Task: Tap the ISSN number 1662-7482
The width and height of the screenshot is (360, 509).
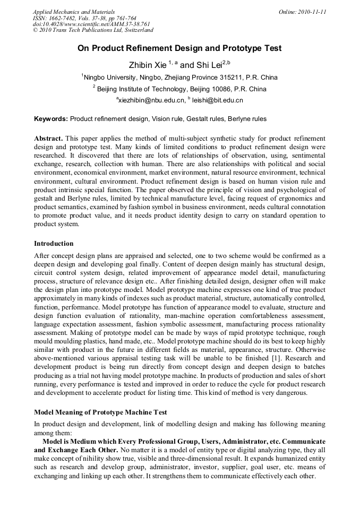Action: click(67, 18)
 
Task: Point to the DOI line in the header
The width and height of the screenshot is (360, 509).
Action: click(91, 24)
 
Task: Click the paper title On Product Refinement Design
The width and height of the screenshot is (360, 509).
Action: click(179, 48)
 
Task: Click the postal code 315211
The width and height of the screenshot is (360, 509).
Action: click(230, 77)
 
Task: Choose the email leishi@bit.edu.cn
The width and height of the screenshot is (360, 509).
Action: click(217, 100)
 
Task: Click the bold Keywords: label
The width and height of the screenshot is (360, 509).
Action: click(51, 119)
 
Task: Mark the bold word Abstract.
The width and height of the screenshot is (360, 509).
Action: click(48, 138)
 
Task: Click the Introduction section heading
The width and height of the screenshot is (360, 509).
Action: click(54, 244)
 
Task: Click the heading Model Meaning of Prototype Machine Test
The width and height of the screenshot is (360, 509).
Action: click(100, 412)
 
